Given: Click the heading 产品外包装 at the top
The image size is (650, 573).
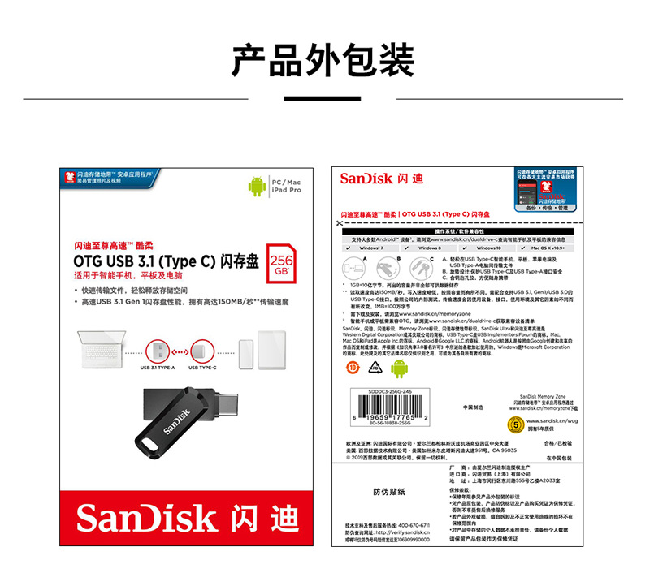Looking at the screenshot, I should coord(323,60).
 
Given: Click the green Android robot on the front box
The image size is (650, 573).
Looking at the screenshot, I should coord(257,187).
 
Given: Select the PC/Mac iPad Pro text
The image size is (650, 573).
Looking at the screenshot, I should coord(285,186).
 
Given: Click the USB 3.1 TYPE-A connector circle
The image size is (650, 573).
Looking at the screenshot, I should coord(158,351).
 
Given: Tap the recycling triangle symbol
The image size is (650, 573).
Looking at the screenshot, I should coord(375,367).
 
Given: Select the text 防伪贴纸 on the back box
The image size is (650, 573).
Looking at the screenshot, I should coord(388,492).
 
